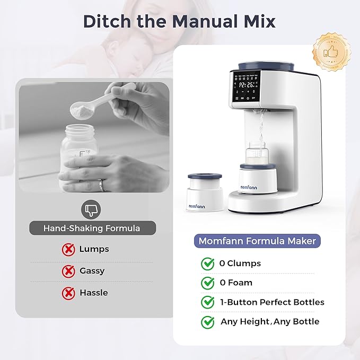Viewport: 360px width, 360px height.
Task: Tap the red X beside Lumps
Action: click(68, 249)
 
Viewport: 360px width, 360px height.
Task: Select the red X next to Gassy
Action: click(68, 271)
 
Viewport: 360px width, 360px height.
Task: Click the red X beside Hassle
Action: click(68, 293)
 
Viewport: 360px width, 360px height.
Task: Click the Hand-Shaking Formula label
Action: click(92, 229)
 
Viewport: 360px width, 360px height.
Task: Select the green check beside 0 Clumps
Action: click(207, 264)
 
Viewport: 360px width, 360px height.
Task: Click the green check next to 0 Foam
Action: click(207, 283)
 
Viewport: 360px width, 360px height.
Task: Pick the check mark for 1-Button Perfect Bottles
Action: click(207, 302)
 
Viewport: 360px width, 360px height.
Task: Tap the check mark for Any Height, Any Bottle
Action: click(207, 322)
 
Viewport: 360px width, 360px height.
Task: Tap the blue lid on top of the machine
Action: click(256, 66)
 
